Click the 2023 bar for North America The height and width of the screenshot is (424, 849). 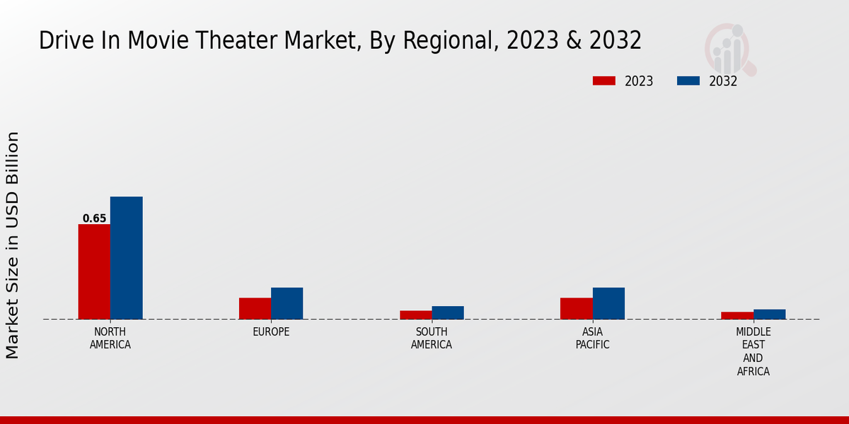tap(94, 271)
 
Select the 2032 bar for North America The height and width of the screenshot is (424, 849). tap(126, 258)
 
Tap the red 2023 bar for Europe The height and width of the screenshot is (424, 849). tap(255, 308)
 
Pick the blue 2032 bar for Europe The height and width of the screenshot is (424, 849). tap(287, 303)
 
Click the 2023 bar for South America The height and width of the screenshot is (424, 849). tap(415, 314)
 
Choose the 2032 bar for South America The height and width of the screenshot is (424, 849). tap(448, 312)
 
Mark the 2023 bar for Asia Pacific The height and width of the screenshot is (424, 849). tap(576, 308)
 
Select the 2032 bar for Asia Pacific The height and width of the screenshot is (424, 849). tap(608, 303)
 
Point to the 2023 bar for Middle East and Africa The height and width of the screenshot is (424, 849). tap(737, 315)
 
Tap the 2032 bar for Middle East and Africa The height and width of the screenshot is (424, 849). tap(769, 314)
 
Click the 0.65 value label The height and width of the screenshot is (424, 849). tap(94, 218)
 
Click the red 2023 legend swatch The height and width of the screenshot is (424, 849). tap(603, 81)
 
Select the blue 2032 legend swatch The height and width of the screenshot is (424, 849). tap(688, 81)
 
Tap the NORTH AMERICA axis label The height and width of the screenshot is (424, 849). tap(110, 338)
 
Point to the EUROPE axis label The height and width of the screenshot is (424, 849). tap(271, 332)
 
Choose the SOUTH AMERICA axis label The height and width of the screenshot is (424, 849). tap(432, 338)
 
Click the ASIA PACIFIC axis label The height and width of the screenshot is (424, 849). tap(592, 338)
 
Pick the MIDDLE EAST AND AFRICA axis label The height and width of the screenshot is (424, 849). tap(753, 352)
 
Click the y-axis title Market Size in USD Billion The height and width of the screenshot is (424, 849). tap(13, 245)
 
